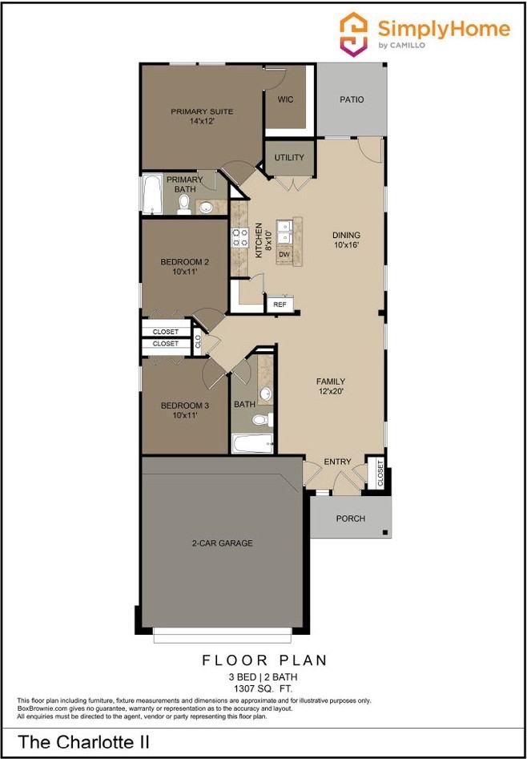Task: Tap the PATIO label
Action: [351, 100]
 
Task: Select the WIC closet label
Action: [285, 100]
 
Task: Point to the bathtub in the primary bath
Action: [151, 195]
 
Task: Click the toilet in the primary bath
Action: [184, 207]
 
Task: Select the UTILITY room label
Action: [289, 158]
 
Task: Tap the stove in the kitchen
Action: [239, 236]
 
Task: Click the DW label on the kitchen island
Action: [284, 254]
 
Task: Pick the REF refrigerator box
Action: [280, 305]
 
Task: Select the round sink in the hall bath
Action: [266, 394]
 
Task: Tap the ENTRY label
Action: [337, 462]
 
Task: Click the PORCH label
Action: [350, 519]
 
